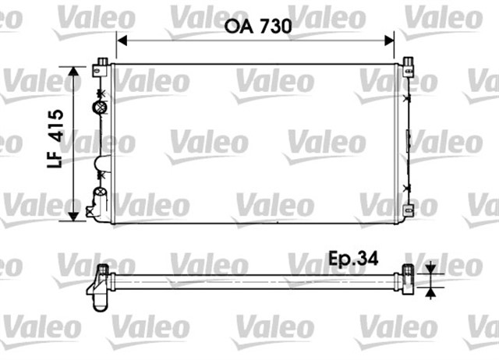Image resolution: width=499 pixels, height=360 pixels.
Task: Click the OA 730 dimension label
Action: coord(258,26)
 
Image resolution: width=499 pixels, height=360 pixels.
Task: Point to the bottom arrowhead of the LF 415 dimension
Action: coord(75,216)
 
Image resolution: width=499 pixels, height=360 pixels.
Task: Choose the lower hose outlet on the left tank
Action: coord(97,201)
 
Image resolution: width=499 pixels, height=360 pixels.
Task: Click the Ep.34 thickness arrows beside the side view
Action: coord(430,281)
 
